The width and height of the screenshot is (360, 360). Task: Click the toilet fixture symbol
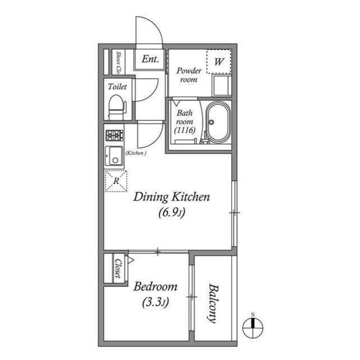[x=118, y=107]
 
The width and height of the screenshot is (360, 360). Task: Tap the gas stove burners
[x=114, y=135]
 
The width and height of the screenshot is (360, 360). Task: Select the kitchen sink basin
[x=114, y=156]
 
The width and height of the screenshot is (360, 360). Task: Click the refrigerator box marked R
[x=116, y=181]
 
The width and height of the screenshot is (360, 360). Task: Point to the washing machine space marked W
[x=219, y=61]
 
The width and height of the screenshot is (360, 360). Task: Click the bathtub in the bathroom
[x=218, y=122]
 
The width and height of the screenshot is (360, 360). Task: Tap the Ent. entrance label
[x=150, y=59]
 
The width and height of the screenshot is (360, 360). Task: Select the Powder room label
[x=189, y=75]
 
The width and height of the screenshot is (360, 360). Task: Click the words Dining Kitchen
[x=172, y=197]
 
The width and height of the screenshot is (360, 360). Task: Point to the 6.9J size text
[x=172, y=213]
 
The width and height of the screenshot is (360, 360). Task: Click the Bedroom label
[x=155, y=286]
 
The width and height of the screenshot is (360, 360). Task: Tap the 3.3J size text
[x=155, y=303]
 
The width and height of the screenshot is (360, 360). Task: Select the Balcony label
[x=213, y=304]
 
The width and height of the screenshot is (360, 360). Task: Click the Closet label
[x=118, y=268]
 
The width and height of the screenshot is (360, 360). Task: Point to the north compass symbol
[x=253, y=327]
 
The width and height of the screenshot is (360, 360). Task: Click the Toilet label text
[x=118, y=87]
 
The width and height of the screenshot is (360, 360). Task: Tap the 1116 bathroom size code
[x=184, y=130]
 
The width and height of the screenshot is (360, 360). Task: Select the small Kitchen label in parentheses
[x=136, y=153]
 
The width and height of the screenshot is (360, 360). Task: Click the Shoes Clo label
[x=119, y=62]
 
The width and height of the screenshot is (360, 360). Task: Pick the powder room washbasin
[x=222, y=85]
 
